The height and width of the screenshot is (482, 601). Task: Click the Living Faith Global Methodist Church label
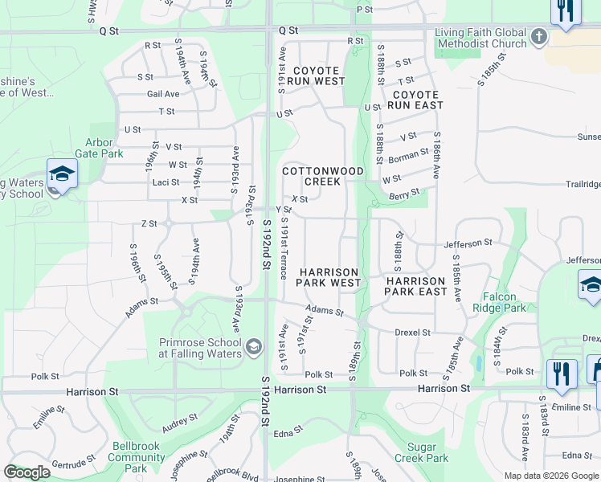(480, 38)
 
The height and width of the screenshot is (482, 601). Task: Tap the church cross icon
(538, 36)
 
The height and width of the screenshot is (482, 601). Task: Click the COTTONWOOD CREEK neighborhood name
(323, 176)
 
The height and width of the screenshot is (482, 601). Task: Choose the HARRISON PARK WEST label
(329, 277)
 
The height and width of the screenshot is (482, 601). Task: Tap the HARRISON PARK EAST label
(415, 286)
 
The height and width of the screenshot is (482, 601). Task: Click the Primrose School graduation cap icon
(254, 347)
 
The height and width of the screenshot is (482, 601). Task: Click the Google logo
(27, 472)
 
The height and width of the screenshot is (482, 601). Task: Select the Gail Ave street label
(163, 94)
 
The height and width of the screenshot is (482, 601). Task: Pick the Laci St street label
(166, 182)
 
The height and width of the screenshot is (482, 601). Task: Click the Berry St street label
(404, 194)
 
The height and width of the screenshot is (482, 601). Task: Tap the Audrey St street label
(180, 423)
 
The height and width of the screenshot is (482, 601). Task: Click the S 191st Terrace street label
(284, 252)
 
